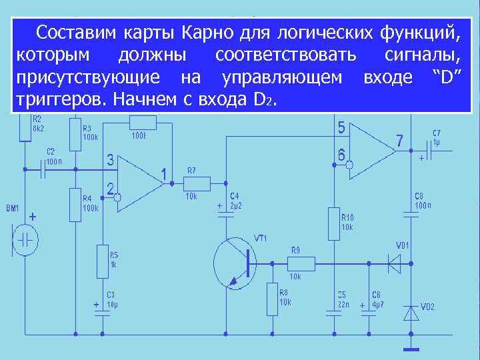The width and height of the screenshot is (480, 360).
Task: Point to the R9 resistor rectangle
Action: click(302, 262)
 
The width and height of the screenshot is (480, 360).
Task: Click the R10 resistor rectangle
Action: click(334, 223)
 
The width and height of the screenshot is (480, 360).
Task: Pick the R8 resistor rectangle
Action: click(272, 298)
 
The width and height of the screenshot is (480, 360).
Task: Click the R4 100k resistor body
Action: click(75, 203)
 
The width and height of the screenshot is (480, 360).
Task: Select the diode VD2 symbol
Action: click(411, 311)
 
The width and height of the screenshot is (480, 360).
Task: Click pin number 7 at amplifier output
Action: click(399, 141)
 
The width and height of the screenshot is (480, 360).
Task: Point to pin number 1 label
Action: click(163, 174)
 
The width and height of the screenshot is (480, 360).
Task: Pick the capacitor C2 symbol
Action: click(44, 170)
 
